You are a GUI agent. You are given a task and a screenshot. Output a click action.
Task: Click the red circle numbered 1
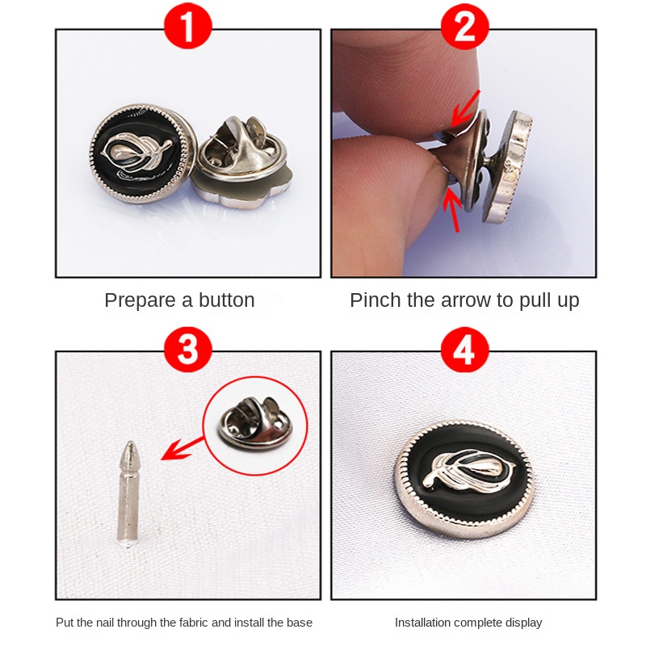tap(188, 26)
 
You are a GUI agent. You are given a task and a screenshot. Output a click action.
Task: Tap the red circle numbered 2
tap(464, 26)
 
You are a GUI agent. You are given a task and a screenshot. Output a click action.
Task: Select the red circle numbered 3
tap(188, 350)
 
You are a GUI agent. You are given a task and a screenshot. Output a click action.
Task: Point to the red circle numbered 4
tap(464, 350)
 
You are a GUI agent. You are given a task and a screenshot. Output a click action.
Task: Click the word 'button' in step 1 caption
tap(227, 300)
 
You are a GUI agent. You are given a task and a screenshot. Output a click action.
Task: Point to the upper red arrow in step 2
tap(466, 109)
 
